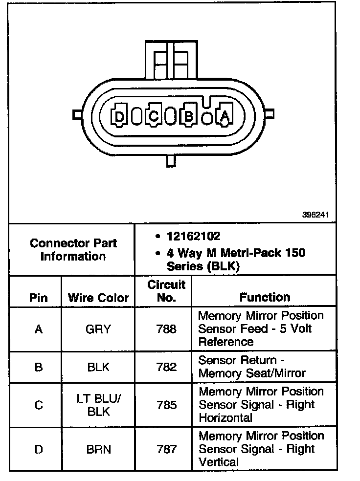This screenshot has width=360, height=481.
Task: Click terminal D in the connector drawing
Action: point(119,116)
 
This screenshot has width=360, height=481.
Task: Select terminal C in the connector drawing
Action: point(154,116)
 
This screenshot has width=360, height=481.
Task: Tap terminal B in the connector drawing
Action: point(188,116)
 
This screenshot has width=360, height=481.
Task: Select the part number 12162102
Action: point(194,237)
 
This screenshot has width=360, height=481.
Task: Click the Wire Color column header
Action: point(98,298)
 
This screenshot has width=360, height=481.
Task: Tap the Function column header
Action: point(265,297)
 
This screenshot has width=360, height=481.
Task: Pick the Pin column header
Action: point(39,298)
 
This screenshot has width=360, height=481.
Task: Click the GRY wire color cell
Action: point(98,329)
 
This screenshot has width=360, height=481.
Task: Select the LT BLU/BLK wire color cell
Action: point(98,405)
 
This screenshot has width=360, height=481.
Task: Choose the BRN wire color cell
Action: point(98,449)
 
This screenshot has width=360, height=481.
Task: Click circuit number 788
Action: point(166,329)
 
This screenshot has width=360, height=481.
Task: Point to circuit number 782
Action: point(166,367)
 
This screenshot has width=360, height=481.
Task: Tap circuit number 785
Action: point(166,405)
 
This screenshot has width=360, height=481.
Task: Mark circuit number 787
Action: point(166,449)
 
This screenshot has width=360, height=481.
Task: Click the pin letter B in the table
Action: point(39,367)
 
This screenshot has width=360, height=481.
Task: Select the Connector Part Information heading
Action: point(73,250)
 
